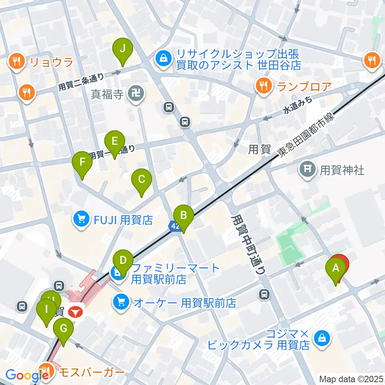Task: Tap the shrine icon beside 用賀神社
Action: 308,170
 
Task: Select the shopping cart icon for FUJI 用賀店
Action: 81,219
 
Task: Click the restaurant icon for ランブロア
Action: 263,86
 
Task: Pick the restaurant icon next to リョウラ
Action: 16,62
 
